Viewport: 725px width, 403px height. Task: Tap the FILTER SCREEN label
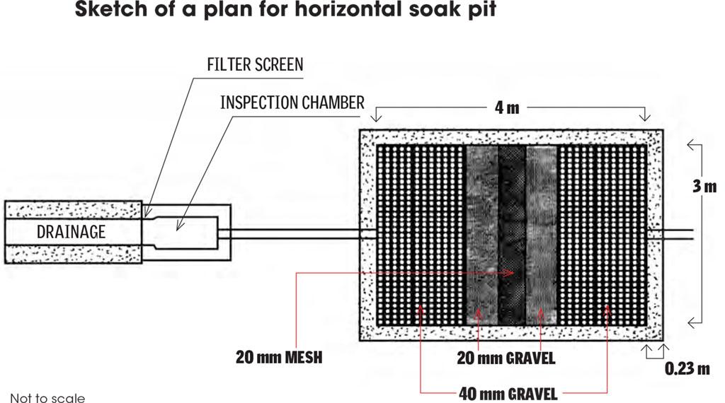(254, 64)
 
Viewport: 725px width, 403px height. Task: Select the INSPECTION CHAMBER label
(292, 102)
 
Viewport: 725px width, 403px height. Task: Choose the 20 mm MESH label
(279, 358)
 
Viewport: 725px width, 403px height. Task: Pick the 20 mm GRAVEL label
(505, 359)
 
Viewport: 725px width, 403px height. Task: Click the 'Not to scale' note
(47, 397)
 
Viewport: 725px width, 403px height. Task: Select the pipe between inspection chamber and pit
(294, 234)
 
